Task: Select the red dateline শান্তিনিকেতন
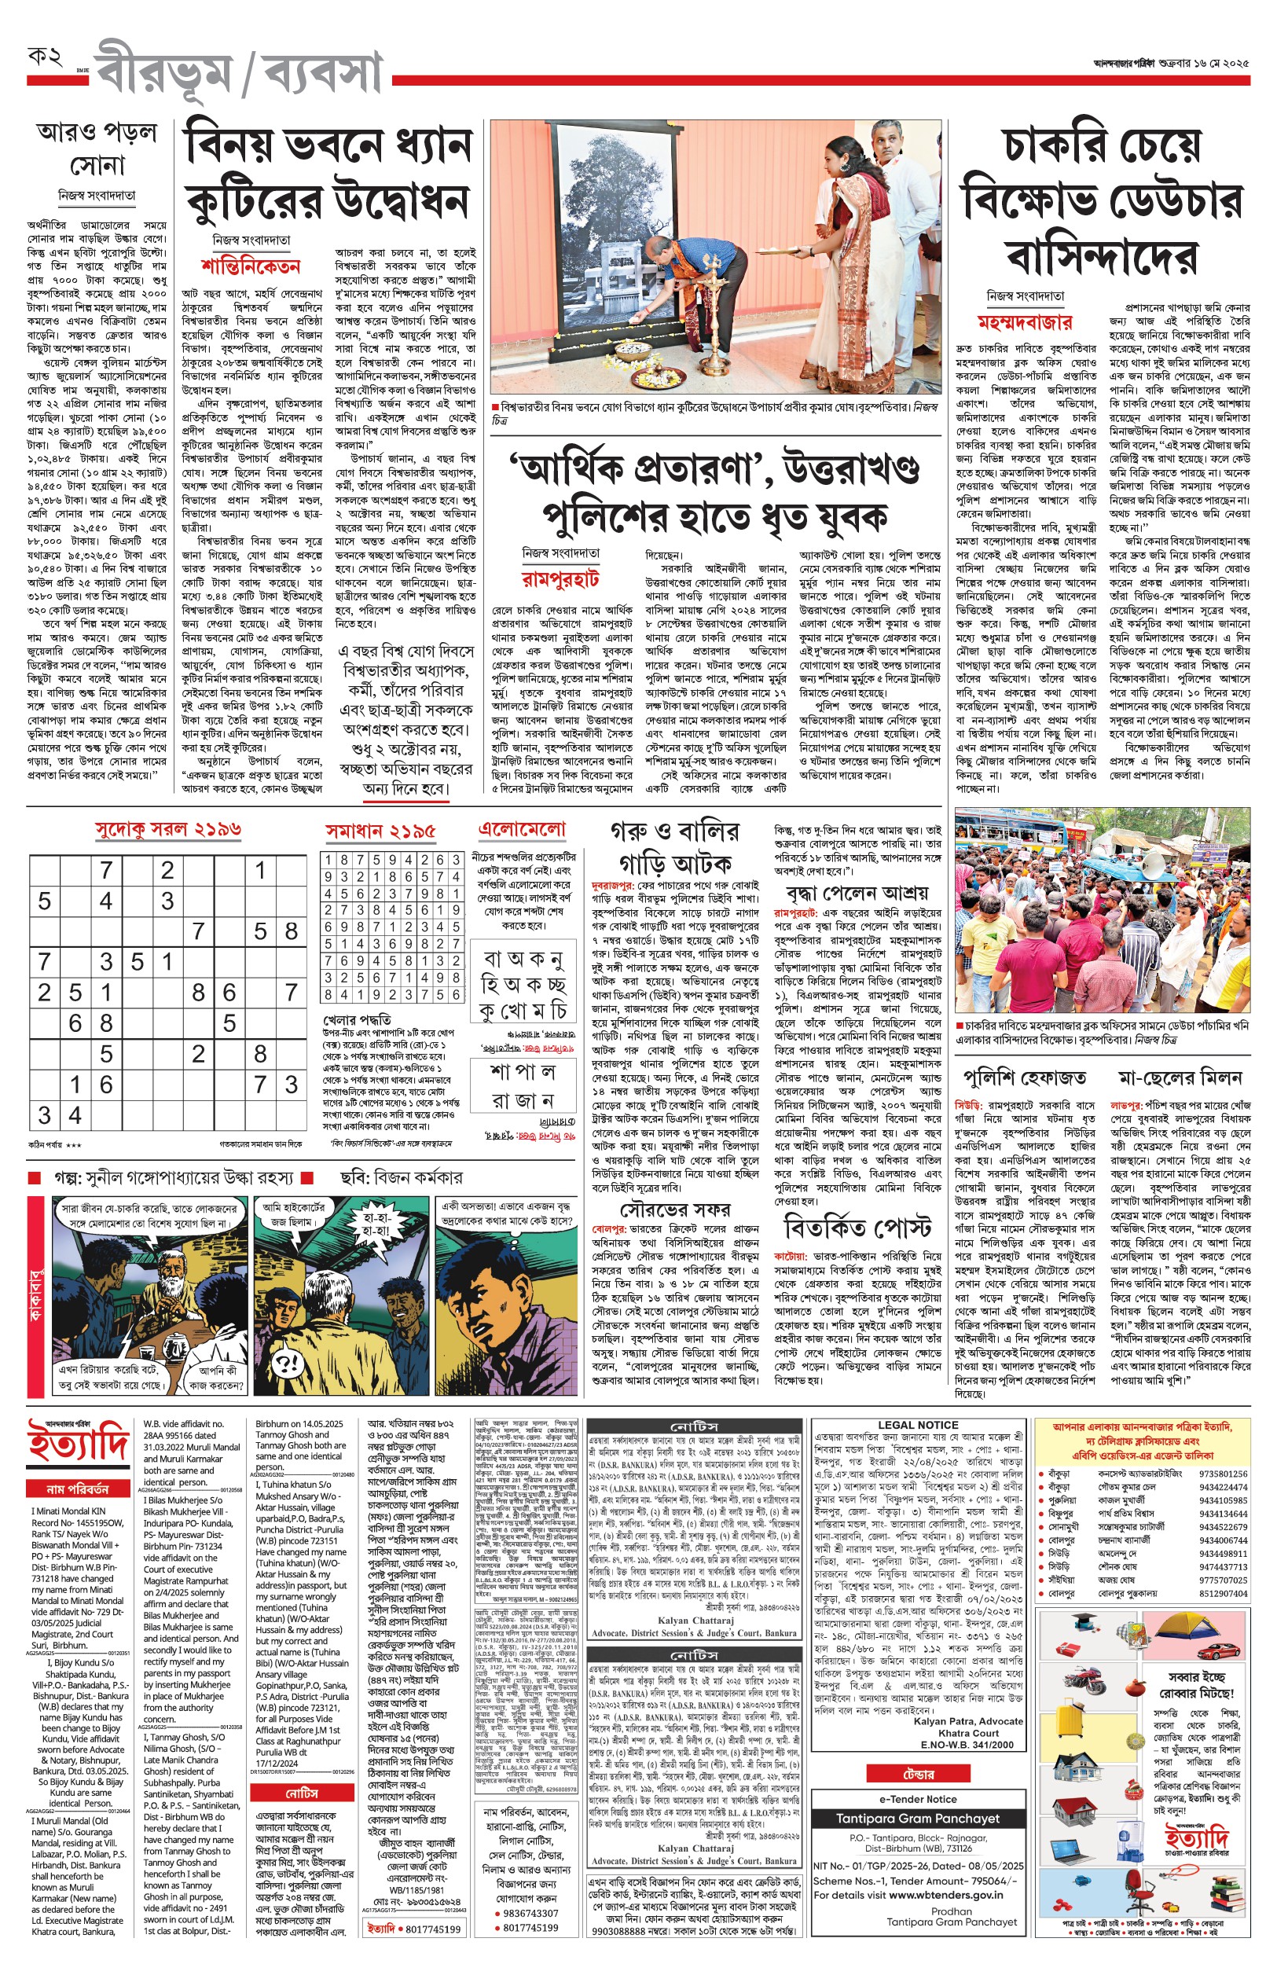tap(250, 266)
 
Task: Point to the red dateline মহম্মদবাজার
tap(1025, 321)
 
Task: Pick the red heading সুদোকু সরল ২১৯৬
tap(168, 828)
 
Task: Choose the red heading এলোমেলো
tap(522, 828)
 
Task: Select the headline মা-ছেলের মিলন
tap(1180, 1077)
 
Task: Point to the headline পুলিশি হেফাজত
tap(1024, 1077)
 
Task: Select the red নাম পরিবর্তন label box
tap(77, 1489)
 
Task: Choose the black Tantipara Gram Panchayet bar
tap(918, 1819)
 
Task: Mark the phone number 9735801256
tap(1222, 1474)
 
